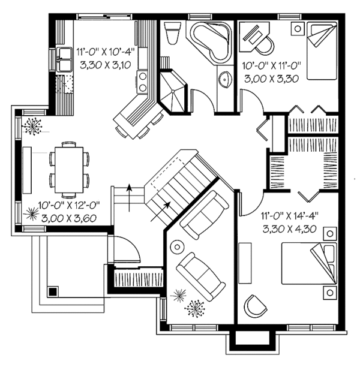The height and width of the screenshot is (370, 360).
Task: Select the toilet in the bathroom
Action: (172, 33)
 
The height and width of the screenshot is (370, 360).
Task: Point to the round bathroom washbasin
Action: (226, 79)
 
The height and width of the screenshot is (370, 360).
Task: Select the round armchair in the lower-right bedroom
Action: (254, 305)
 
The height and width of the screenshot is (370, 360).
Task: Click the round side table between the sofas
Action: (178, 246)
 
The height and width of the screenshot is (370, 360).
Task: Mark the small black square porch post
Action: (52, 291)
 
